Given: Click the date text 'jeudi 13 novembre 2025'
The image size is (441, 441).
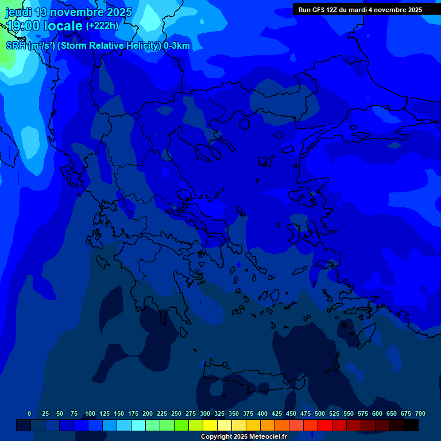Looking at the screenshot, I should [x=68, y=12].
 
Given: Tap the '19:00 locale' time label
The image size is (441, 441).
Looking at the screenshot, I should [x=44, y=25].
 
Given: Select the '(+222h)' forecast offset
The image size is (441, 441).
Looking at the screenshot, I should [x=102, y=25].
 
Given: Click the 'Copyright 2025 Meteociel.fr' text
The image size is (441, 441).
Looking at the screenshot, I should [x=243, y=437].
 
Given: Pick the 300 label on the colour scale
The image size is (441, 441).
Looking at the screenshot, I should [x=205, y=413].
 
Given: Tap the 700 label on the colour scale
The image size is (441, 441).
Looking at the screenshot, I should [x=420, y=413].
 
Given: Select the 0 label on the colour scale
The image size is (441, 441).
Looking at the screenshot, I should [x=29, y=413].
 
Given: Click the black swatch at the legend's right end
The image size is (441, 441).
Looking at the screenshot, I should [x=411, y=425].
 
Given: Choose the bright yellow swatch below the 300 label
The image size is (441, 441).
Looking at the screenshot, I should [x=210, y=425].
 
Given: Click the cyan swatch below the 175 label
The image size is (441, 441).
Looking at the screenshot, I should [x=138, y=425].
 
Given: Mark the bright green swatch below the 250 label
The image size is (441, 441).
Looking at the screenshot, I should [x=181, y=425].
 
